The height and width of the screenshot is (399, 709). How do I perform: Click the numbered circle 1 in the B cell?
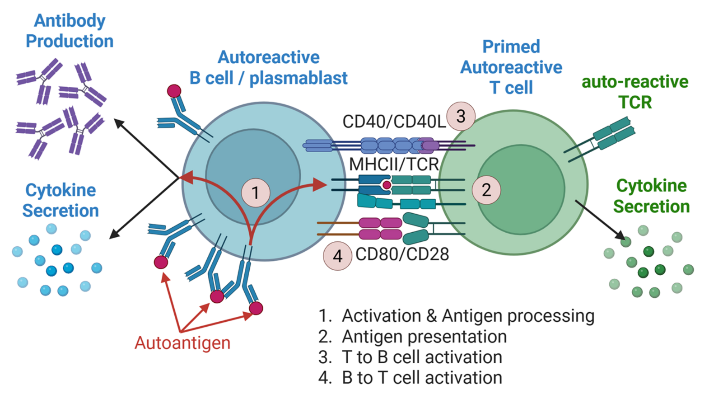[256, 192]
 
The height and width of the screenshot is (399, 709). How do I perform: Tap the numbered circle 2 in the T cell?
[486, 190]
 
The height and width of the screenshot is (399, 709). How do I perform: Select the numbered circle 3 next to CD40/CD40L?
[461, 117]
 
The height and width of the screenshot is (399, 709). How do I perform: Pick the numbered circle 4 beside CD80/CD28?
[337, 256]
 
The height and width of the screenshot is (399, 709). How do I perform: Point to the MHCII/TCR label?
[394, 164]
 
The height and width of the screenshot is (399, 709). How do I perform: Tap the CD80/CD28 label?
[402, 254]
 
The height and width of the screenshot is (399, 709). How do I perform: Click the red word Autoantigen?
[182, 343]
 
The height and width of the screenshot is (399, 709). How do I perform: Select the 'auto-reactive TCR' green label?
[634, 92]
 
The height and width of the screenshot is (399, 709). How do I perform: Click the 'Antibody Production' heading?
[70, 31]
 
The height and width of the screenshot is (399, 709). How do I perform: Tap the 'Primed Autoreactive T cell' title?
[511, 67]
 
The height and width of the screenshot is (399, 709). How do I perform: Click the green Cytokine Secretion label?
[651, 196]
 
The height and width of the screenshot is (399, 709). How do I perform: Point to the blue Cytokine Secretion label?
[61, 200]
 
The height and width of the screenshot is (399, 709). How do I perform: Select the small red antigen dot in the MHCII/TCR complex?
[387, 185]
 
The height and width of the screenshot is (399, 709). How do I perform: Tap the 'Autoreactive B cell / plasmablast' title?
[268, 68]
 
